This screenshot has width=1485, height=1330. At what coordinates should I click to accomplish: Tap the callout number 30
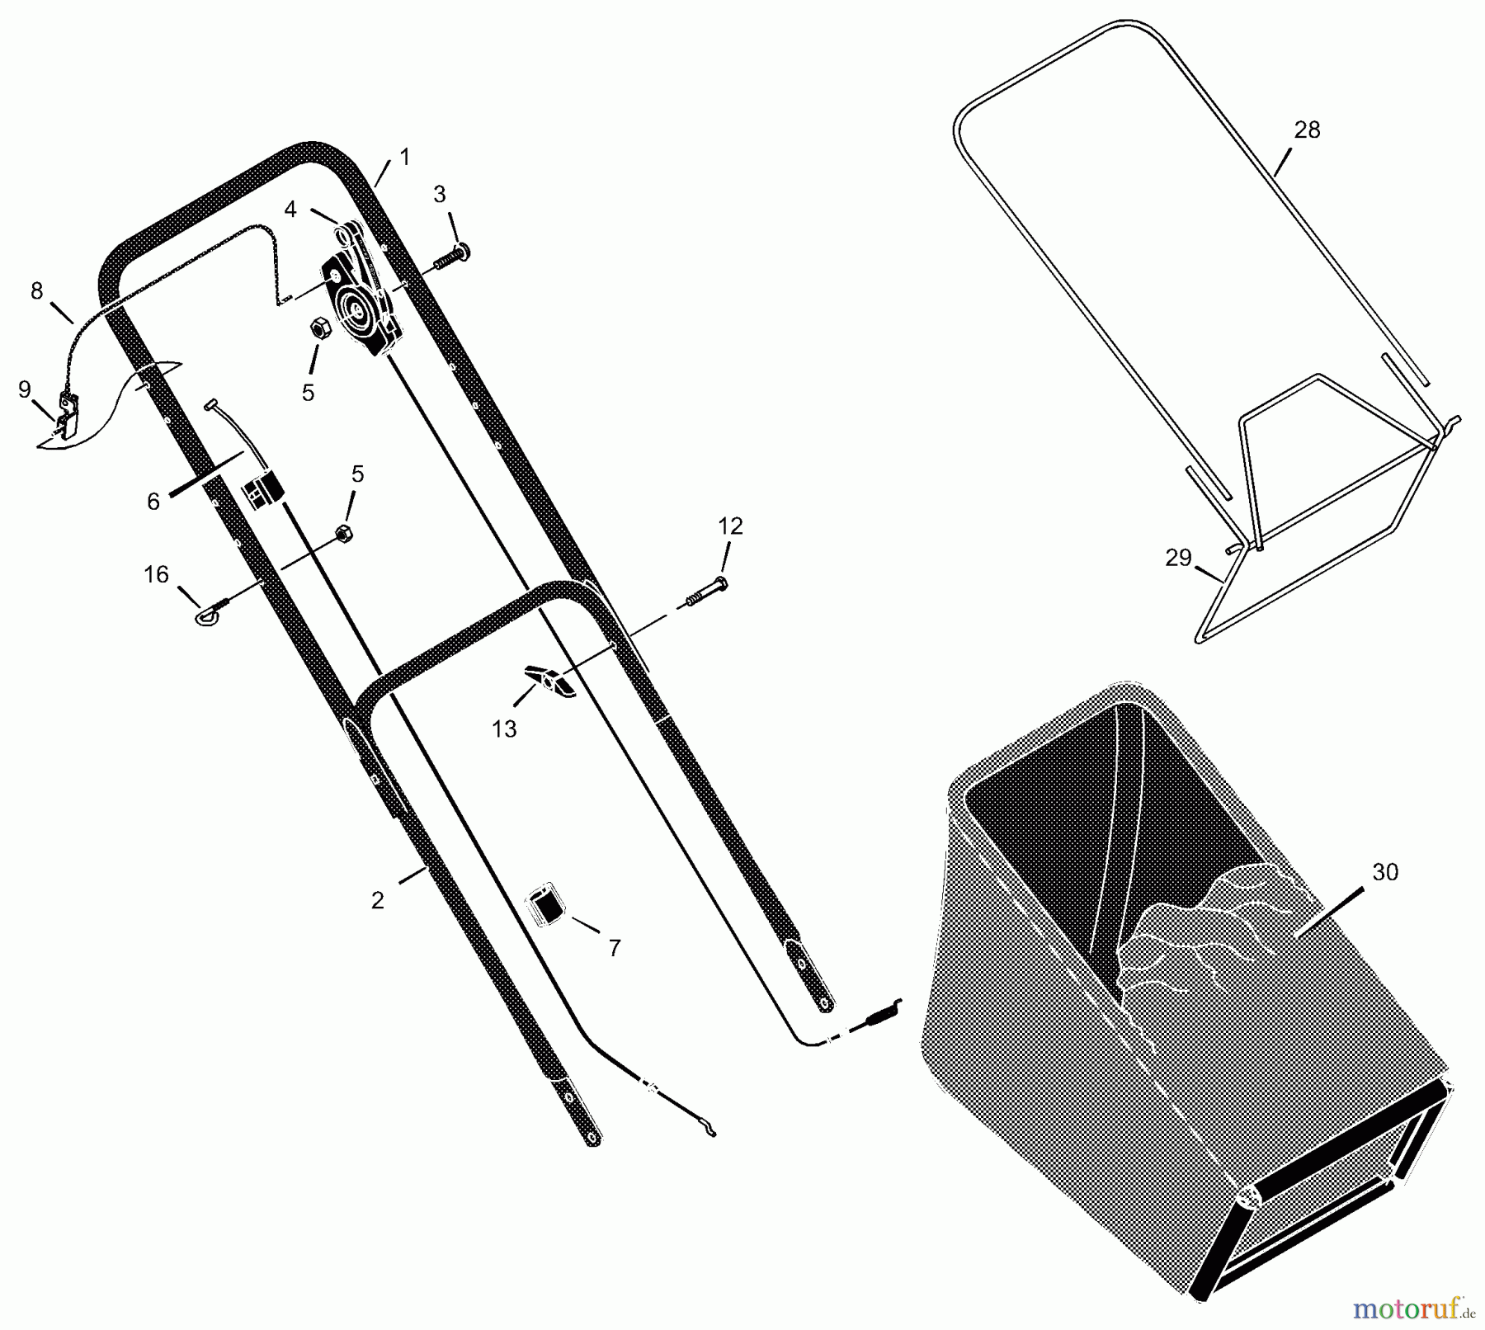click(1385, 872)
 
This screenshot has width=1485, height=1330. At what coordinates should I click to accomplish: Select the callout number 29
click(1178, 559)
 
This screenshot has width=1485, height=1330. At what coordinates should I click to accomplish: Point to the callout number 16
click(156, 574)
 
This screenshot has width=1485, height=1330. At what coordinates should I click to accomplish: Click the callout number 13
click(504, 729)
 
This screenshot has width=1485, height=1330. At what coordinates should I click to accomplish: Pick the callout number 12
click(731, 526)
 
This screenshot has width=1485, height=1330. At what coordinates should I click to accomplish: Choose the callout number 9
click(25, 389)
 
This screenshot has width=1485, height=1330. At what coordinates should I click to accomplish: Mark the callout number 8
click(36, 291)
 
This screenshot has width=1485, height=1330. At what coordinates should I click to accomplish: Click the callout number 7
click(614, 949)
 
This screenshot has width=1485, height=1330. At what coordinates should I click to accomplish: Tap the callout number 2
click(377, 900)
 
